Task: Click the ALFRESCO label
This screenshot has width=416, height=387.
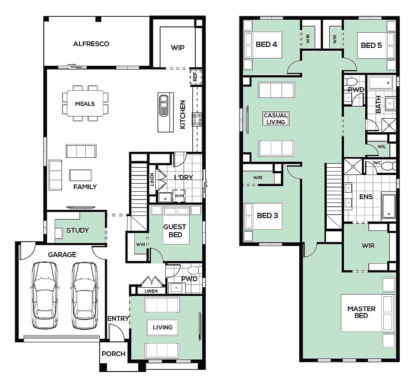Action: click(91, 44)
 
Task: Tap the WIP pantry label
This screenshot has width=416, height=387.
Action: click(177, 48)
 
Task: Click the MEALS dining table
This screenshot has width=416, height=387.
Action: click(85, 103)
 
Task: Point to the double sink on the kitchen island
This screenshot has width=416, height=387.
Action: click(163, 105)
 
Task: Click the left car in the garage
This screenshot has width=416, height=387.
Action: click(44, 295)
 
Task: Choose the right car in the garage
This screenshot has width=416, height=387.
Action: click(85, 295)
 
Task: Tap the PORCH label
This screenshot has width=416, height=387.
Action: click(113, 354)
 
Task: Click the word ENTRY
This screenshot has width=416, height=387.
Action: click(118, 318)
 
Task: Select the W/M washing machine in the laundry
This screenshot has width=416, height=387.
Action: click(179, 196)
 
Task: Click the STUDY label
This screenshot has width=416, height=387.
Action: click(77, 230)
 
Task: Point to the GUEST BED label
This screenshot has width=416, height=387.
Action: click(175, 231)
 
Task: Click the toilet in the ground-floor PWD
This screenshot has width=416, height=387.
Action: click(194, 270)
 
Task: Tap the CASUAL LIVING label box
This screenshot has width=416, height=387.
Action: click(276, 119)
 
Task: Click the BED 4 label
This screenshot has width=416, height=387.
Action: click(266, 44)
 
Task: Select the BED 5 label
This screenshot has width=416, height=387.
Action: click(371, 45)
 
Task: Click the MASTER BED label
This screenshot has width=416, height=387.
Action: click(361, 312)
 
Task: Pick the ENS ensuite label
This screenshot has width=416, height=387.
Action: click(366, 197)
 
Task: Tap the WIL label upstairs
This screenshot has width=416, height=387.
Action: click(382, 147)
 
